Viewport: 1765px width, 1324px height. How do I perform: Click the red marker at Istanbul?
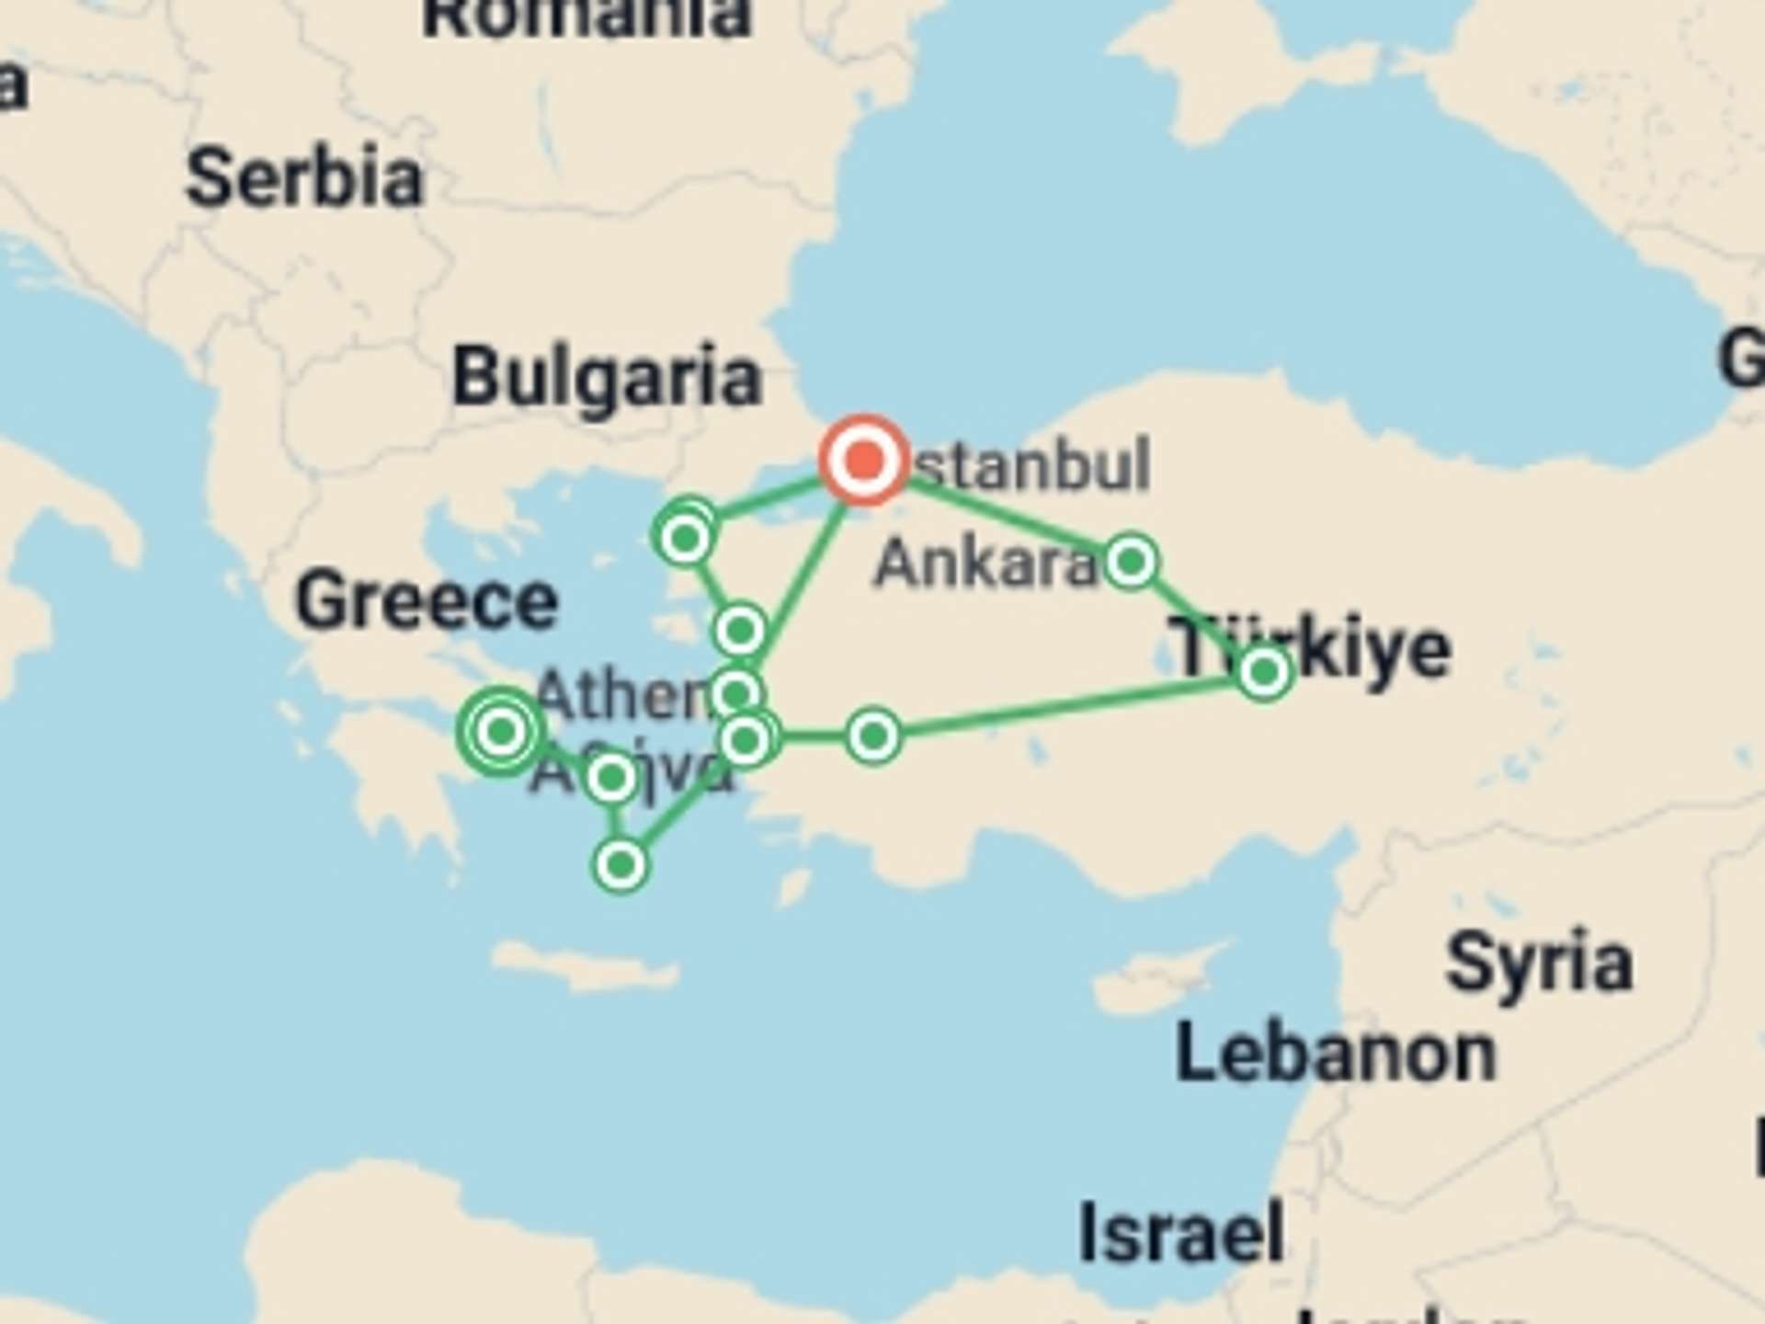point(863,460)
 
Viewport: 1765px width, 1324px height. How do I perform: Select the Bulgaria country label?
point(607,376)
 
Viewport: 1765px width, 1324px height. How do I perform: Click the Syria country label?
point(1539,962)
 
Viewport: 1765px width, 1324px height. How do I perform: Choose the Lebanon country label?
point(1335,1054)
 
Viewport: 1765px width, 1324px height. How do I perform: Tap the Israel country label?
point(1181,1232)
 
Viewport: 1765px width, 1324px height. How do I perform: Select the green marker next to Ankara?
point(1131,560)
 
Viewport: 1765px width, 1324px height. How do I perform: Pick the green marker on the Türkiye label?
point(1264,672)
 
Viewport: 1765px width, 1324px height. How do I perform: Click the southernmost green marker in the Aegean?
point(621,865)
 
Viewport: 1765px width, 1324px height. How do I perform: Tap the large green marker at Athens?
point(501,732)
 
